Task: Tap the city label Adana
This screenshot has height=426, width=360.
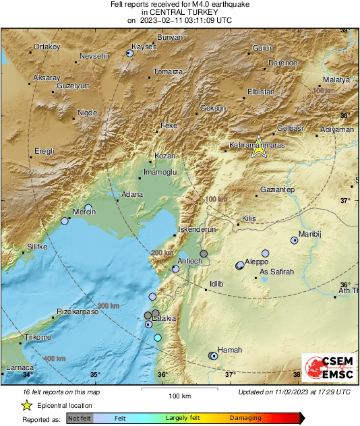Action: click(131, 195)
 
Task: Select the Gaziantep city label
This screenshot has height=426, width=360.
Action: click(277, 191)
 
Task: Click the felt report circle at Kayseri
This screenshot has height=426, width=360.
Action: click(131, 53)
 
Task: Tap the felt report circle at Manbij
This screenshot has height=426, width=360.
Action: click(294, 240)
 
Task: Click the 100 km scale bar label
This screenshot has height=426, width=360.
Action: click(179, 396)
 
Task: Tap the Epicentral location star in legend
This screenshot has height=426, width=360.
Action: click(27, 405)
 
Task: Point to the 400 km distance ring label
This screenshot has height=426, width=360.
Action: click(55, 359)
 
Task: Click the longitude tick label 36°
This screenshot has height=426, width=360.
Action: click(162, 375)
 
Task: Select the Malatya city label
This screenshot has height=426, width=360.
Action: click(337, 80)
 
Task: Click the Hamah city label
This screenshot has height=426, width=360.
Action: click(230, 350)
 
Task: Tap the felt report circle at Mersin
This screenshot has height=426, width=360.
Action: click(88, 208)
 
